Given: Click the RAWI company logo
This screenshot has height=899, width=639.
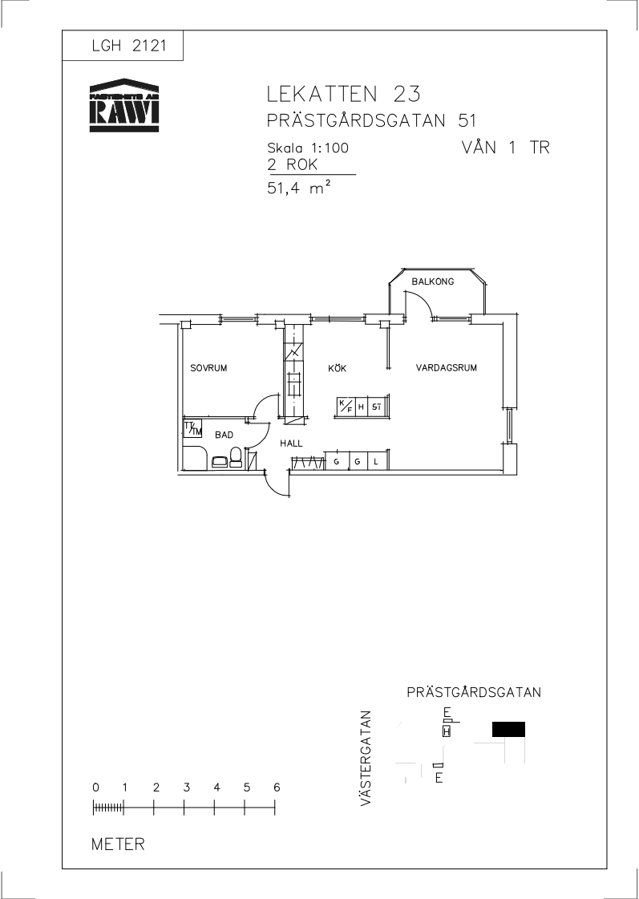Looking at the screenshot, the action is click(x=123, y=105).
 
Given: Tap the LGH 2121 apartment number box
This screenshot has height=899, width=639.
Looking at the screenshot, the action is click(x=123, y=45).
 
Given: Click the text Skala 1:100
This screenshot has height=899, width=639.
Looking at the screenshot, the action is click(x=308, y=148).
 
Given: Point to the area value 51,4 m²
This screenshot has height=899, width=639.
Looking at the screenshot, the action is click(x=298, y=188).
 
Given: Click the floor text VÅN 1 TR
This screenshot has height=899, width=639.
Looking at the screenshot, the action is click(x=505, y=147).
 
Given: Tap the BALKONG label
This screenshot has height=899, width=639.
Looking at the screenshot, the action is click(x=433, y=281).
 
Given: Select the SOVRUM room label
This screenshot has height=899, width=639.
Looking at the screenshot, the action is click(x=208, y=368).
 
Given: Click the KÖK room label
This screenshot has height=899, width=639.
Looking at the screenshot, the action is click(x=337, y=368).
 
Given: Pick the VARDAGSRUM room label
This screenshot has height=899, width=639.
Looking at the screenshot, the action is click(x=447, y=368).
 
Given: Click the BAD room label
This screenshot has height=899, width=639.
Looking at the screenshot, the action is click(x=224, y=435).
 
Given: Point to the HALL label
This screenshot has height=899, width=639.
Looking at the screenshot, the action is click(x=291, y=443).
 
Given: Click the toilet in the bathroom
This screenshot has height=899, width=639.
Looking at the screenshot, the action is click(x=236, y=458).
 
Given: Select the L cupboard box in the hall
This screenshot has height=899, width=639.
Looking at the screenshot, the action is click(x=377, y=461).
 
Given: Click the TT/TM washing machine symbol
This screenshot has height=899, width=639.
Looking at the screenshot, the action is click(x=192, y=429).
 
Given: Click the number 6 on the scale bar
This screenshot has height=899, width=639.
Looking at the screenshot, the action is click(x=277, y=788).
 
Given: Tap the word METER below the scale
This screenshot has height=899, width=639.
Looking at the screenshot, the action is click(x=118, y=844).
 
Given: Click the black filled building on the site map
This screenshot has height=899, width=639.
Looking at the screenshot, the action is click(x=508, y=729).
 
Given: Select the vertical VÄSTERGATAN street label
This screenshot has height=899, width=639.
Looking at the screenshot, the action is click(x=366, y=759).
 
